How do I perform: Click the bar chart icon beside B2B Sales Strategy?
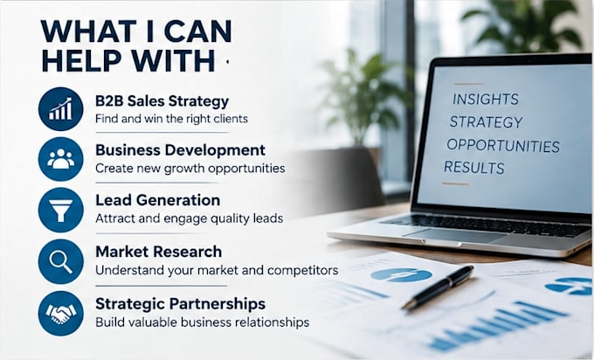pos(60,109)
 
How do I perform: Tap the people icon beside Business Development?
pos(60,159)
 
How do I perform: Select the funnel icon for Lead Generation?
pos(60,211)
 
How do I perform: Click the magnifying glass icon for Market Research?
pos(60,261)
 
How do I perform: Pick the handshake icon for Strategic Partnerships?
pos(60,314)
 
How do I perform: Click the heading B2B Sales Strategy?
pos(162,101)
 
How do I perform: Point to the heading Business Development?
pos(180,150)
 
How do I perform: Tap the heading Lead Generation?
pos(157,200)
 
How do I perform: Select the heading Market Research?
pos(159,252)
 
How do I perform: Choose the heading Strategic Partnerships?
pos(180,304)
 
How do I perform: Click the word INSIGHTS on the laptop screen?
pos(486,100)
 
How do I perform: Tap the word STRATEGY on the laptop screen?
pos(486,122)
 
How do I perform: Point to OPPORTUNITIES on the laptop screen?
pos(503,146)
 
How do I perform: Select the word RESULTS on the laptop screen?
pos(474,168)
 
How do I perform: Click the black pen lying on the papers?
pos(438,287)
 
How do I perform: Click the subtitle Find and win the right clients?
pos(171,119)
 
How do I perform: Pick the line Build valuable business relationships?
pos(203,322)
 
